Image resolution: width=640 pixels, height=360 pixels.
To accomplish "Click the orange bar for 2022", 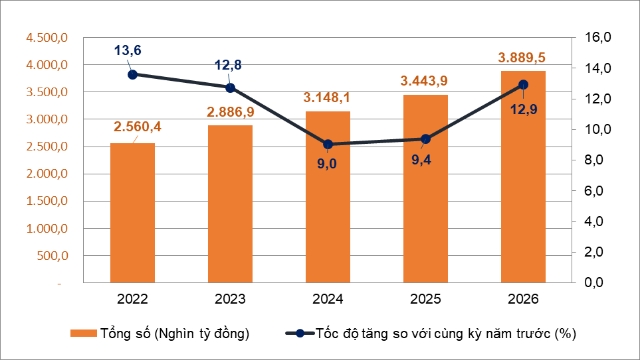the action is (x=132, y=213).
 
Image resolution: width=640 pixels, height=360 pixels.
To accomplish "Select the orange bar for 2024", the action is (x=328, y=197).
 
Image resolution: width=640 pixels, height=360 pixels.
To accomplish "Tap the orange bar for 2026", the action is (x=523, y=177).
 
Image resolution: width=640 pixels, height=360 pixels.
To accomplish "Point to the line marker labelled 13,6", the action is (x=133, y=75).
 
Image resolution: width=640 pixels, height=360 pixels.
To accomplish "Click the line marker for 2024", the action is (x=328, y=144).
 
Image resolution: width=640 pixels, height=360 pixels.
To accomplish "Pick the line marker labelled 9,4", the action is (x=426, y=139).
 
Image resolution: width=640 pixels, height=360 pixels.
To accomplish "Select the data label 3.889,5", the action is (x=522, y=58).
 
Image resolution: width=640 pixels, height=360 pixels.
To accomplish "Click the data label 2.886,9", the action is (x=230, y=112).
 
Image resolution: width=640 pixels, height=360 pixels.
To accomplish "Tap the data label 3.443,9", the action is (x=424, y=81).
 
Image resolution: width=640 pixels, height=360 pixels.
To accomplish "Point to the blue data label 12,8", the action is (x=228, y=65).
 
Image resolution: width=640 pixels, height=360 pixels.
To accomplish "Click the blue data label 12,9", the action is (x=524, y=109).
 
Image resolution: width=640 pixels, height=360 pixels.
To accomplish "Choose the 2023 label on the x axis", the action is (x=230, y=299).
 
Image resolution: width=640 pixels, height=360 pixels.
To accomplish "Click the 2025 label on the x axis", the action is (x=426, y=299).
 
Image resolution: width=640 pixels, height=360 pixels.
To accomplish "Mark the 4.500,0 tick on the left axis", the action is (x=47, y=38).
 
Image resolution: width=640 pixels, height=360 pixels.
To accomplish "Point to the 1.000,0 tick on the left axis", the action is (x=47, y=229).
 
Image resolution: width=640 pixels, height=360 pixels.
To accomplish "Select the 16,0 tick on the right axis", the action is (x=598, y=37).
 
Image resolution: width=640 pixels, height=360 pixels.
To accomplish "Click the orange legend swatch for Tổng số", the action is (x=83, y=333).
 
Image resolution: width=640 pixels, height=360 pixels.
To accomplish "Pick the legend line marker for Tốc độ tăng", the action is (x=300, y=333).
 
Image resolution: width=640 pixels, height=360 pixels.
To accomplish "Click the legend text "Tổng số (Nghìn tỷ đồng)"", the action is (x=175, y=333).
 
